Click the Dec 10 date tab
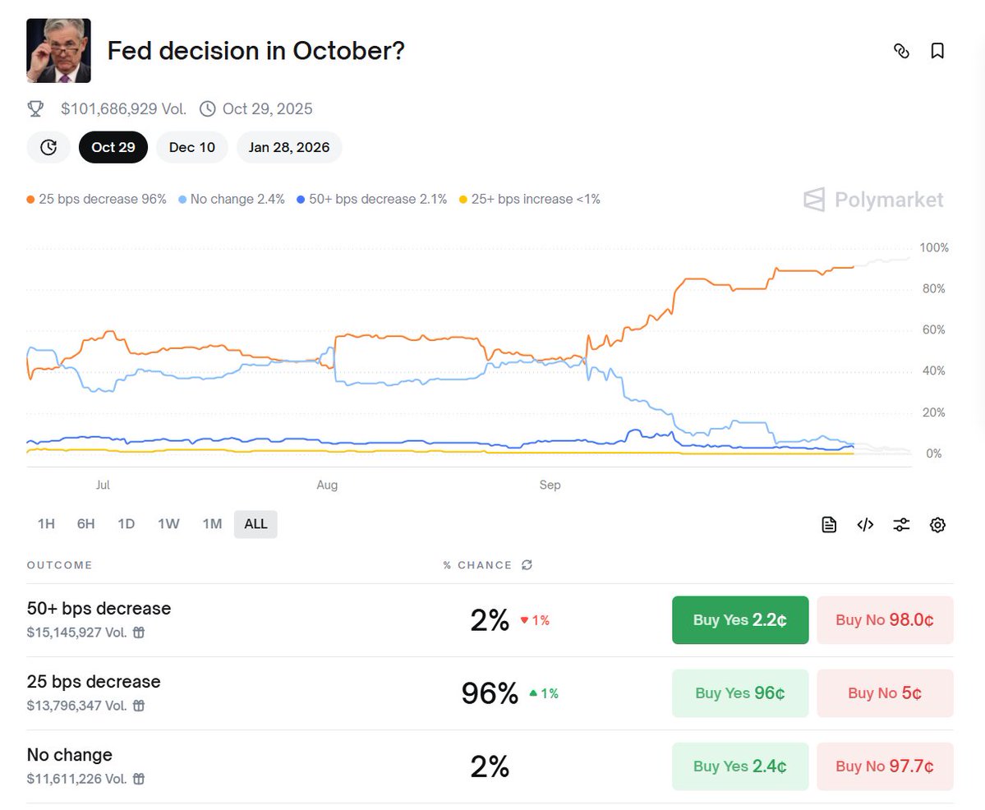point(192,147)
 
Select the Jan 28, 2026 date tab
point(289,147)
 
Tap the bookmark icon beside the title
point(937,51)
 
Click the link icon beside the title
point(901,51)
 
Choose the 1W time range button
point(168,524)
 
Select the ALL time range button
point(255,524)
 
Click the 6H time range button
point(86,524)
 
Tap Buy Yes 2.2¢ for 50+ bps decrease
point(739,620)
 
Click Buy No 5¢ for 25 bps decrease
point(884,693)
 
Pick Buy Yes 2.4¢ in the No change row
point(739,766)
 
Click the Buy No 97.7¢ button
point(884,766)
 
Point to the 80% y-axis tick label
point(933,289)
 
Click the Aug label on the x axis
point(327,486)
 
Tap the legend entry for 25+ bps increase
point(530,199)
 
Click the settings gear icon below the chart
point(937,525)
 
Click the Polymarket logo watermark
point(873,200)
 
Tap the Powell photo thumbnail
point(58,51)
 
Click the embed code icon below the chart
point(865,525)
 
